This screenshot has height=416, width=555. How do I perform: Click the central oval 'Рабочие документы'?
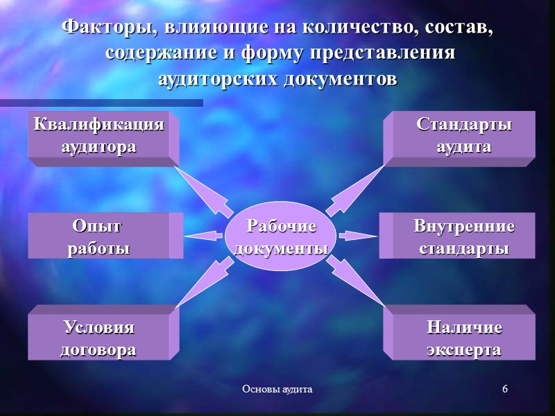tap(280, 237)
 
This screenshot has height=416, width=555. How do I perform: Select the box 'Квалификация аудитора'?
tap(99, 137)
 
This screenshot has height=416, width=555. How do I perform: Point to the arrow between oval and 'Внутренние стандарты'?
tap(358, 236)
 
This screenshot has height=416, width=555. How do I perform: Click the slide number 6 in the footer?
tap(505, 389)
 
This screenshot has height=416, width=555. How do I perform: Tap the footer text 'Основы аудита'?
tap(277, 390)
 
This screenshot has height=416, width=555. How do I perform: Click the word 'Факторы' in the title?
tap(101, 29)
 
